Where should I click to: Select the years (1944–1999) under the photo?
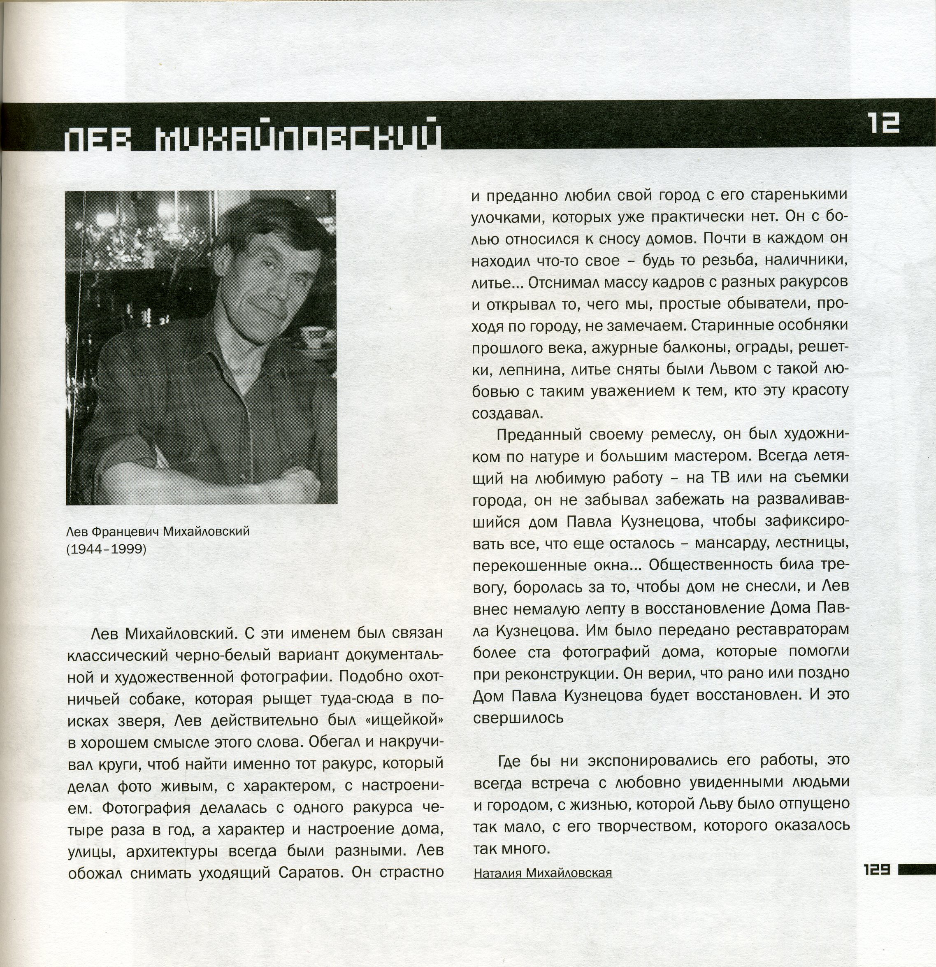pos(107,549)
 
